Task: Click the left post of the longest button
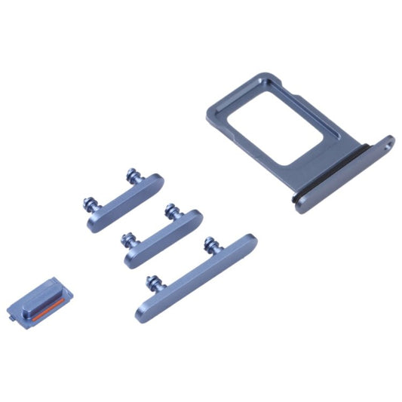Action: click(x=152, y=281)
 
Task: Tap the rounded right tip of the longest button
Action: click(x=252, y=241)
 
